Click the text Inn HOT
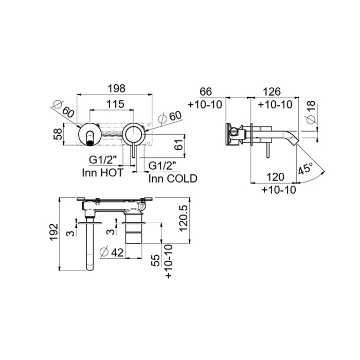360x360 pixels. pos(102,172)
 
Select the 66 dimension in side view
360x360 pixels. pos(206,92)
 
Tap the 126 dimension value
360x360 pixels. pos(271,92)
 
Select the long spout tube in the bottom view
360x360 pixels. pos(91,247)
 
